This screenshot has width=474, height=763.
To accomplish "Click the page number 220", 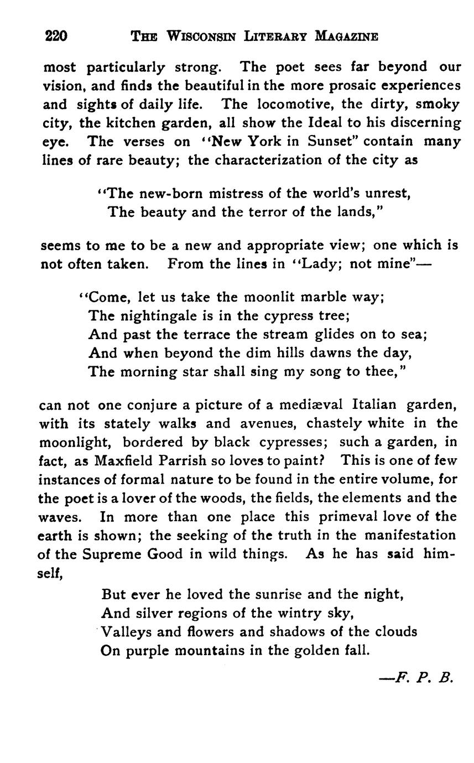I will coord(56,37).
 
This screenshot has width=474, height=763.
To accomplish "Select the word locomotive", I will coord(298,104).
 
